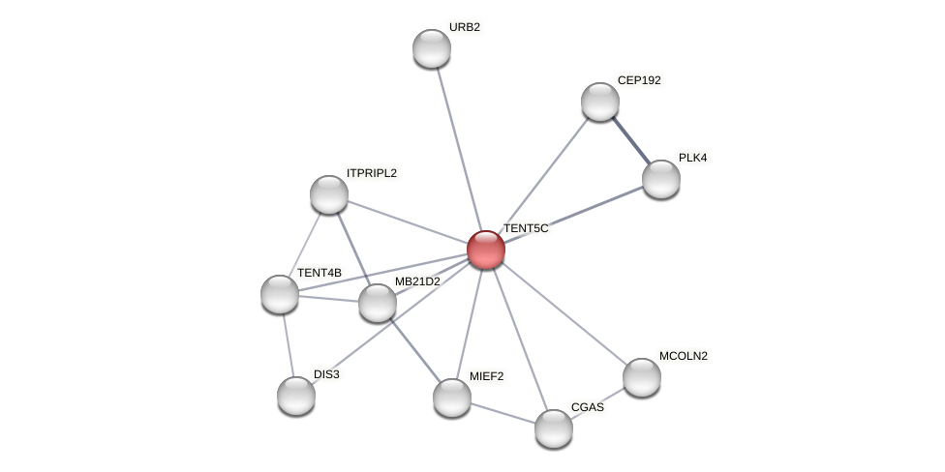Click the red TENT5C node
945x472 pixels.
(x=485, y=250)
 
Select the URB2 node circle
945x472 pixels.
(x=432, y=48)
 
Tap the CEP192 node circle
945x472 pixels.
(x=600, y=102)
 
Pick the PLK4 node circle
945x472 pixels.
(x=661, y=179)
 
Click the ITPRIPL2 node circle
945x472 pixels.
(x=329, y=194)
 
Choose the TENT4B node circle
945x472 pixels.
(x=280, y=294)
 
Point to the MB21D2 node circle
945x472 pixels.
(x=378, y=303)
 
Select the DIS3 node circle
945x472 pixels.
(x=296, y=396)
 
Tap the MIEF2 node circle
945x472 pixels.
(x=452, y=398)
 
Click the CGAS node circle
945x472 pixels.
(x=554, y=428)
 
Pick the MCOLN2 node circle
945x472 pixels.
(x=642, y=377)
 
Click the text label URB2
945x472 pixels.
(x=465, y=27)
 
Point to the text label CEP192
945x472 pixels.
(x=639, y=80)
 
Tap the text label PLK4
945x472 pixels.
(x=692, y=158)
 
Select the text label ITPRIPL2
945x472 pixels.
(x=372, y=173)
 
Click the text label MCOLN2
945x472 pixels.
(x=684, y=356)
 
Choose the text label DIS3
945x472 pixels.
(x=326, y=374)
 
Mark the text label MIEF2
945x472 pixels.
(x=485, y=376)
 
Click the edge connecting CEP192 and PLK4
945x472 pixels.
(x=631, y=140)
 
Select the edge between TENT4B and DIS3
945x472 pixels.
(x=288, y=344)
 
